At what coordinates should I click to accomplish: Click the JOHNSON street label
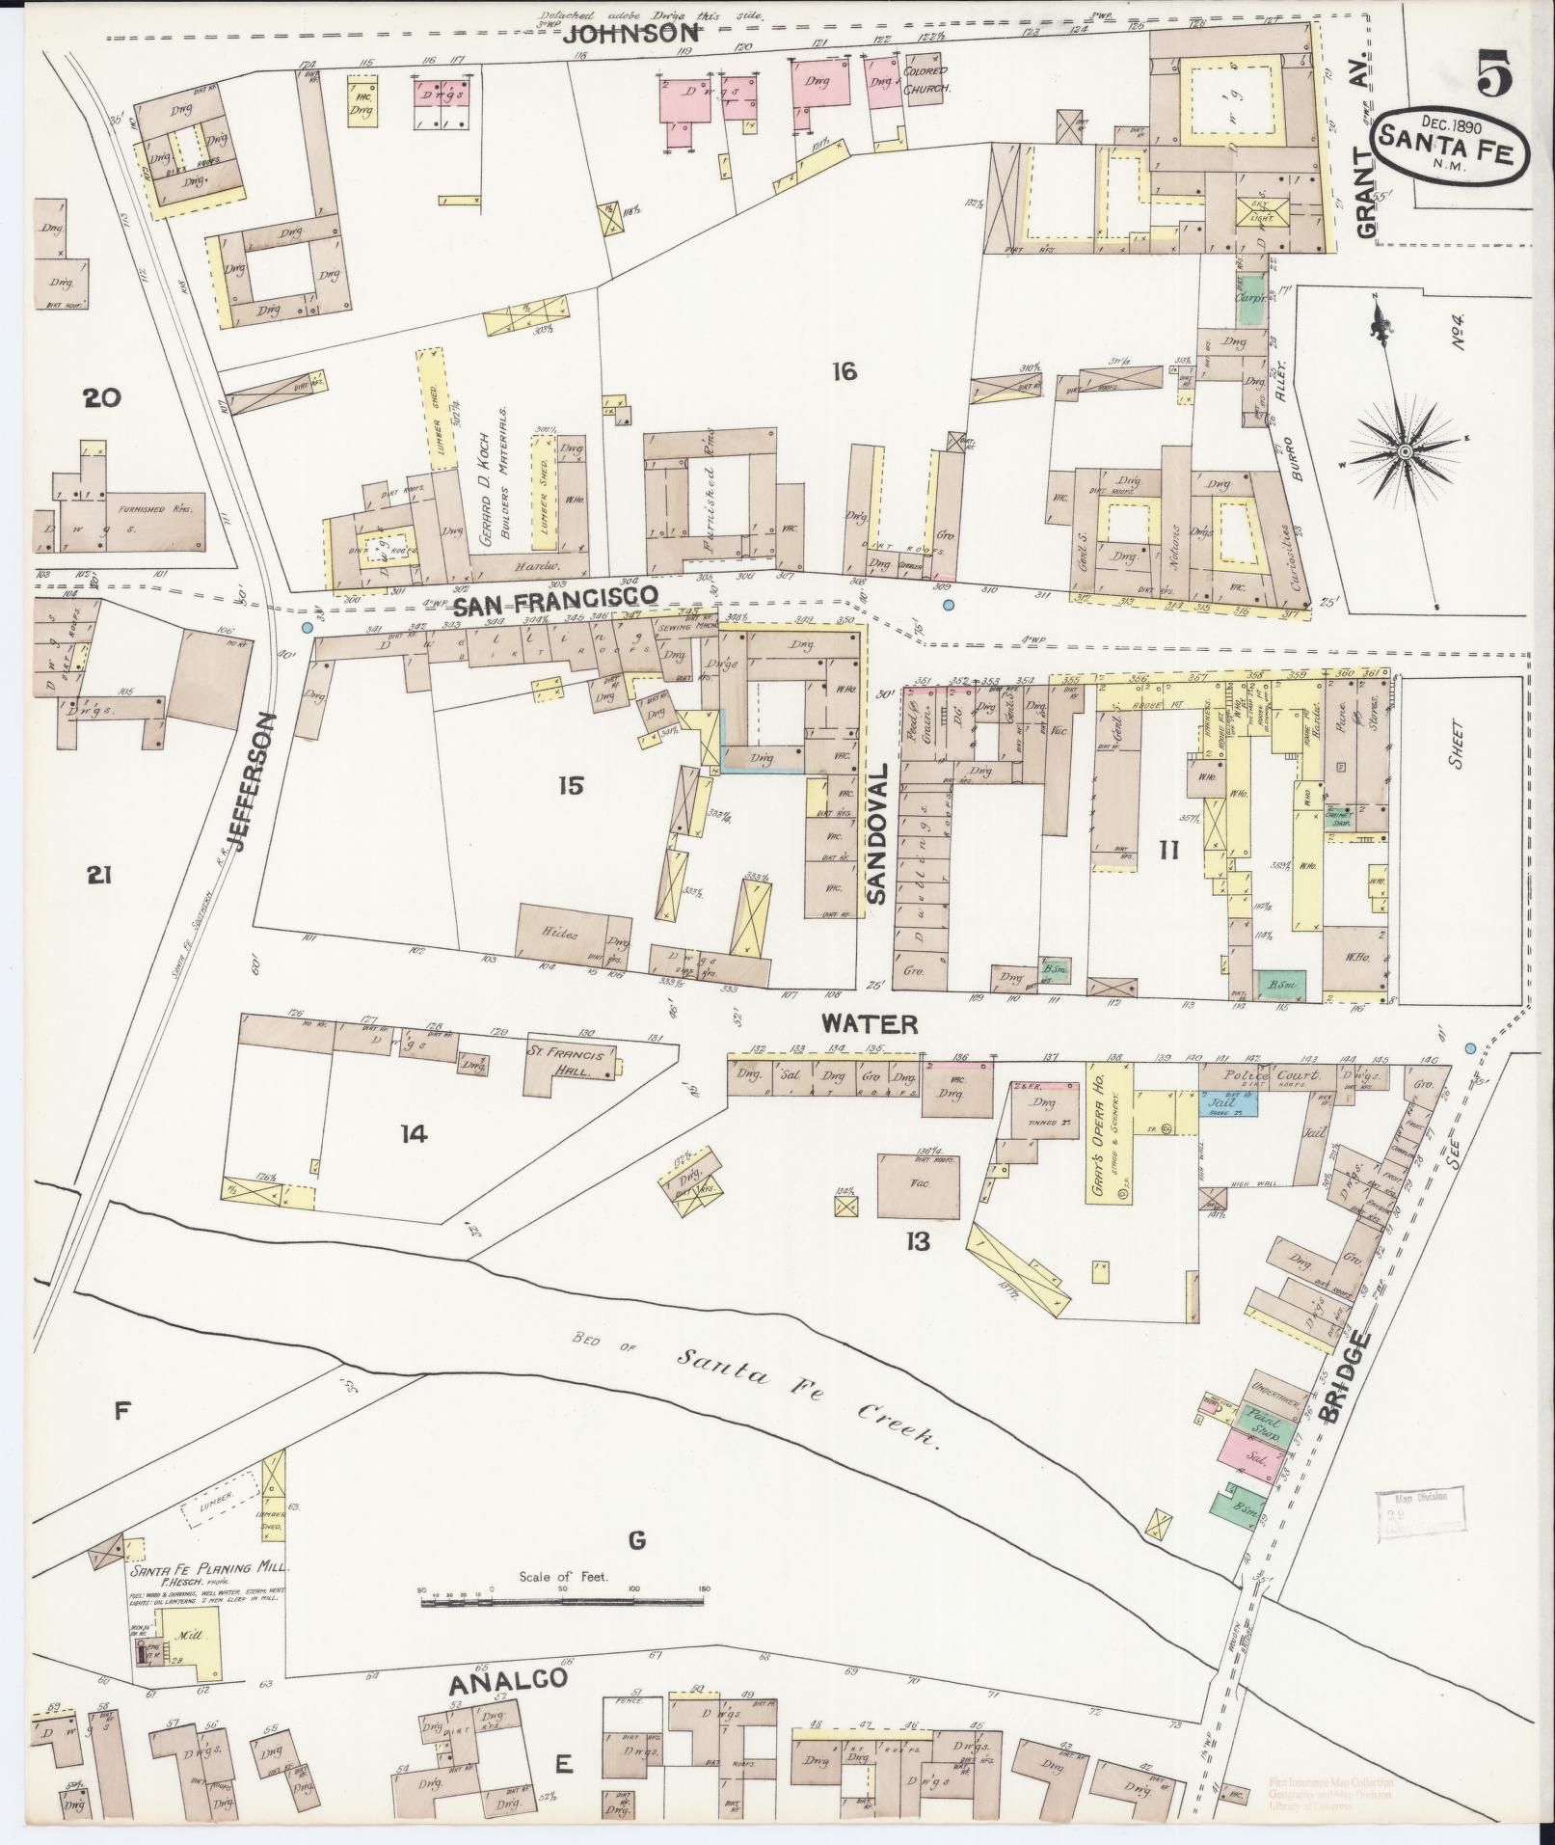point(630,34)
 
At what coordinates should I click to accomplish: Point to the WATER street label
point(870,1023)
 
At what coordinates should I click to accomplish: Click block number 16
point(845,370)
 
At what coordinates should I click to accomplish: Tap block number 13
point(917,1241)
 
